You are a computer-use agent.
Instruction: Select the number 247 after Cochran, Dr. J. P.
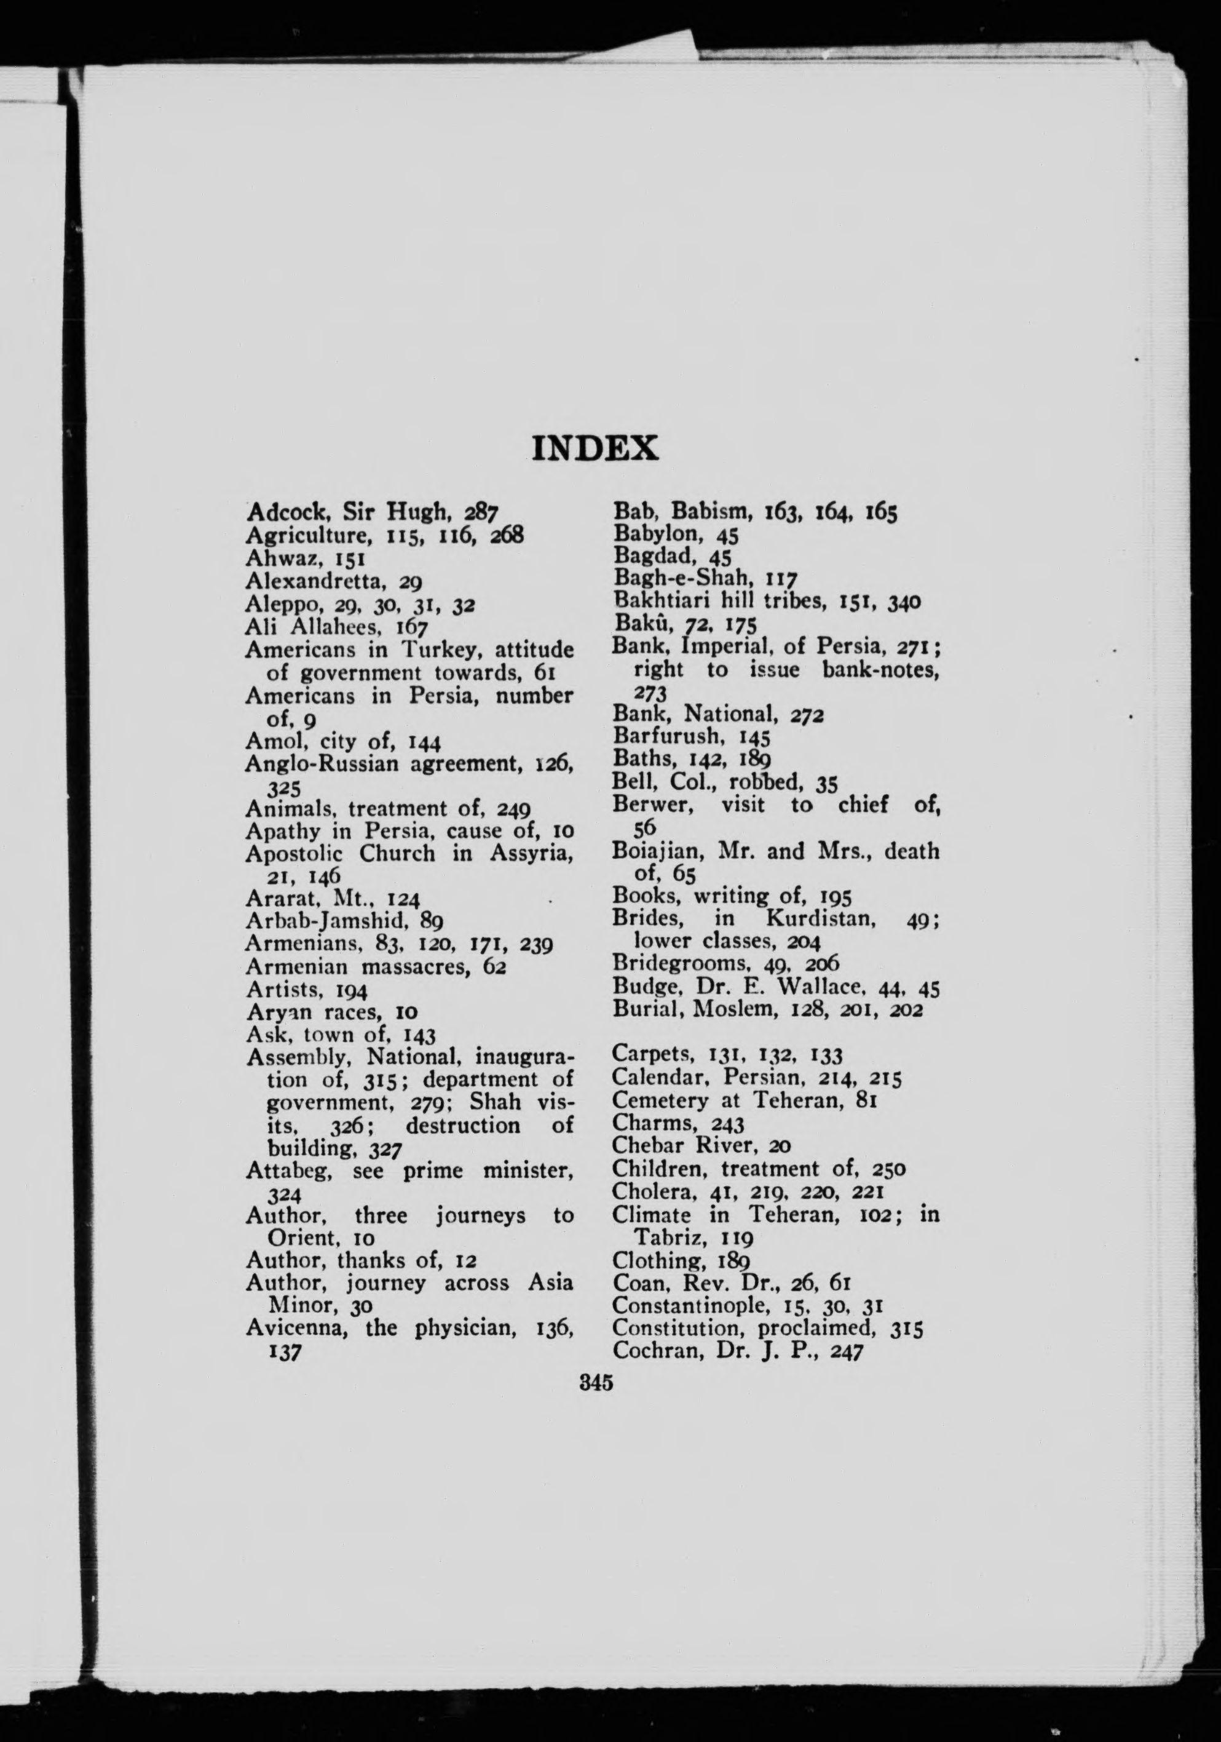pyautogui.click(x=847, y=1351)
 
